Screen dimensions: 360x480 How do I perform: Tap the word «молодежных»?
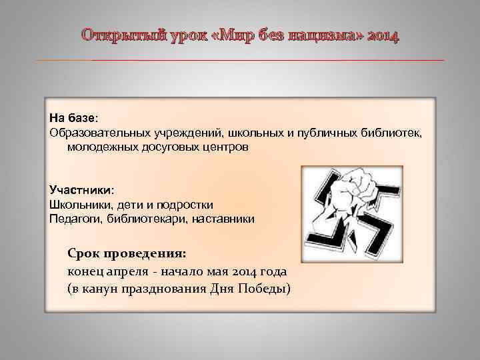pos(97,145)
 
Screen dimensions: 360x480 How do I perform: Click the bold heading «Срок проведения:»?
pos(127,254)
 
